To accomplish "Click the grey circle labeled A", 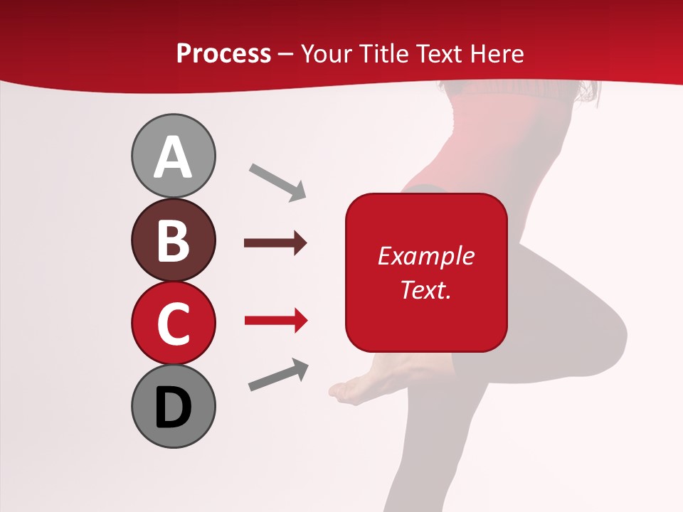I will [x=173, y=156].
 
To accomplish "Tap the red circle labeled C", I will [x=173, y=323].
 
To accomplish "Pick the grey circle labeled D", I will [x=173, y=406].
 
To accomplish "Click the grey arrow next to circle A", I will [x=277, y=181].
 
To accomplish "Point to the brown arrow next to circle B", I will [x=275, y=243].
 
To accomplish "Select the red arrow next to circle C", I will [x=275, y=321].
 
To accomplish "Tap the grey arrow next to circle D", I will [x=278, y=375].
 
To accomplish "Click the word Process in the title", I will [x=223, y=53].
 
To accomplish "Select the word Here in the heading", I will [x=497, y=53].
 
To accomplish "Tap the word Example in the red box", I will [x=425, y=256].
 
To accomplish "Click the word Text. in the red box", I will [x=425, y=289].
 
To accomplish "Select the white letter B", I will [x=173, y=240].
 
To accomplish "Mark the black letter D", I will [x=173, y=407].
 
